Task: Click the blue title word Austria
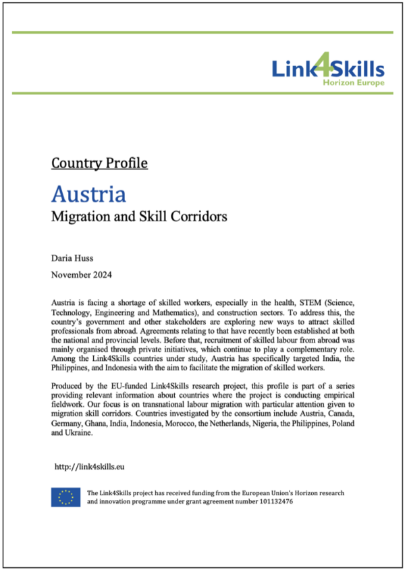tap(88, 194)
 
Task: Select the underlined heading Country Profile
tap(99, 163)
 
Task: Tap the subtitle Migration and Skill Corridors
tap(139, 217)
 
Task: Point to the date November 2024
tap(82, 275)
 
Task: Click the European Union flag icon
tap(66, 497)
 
